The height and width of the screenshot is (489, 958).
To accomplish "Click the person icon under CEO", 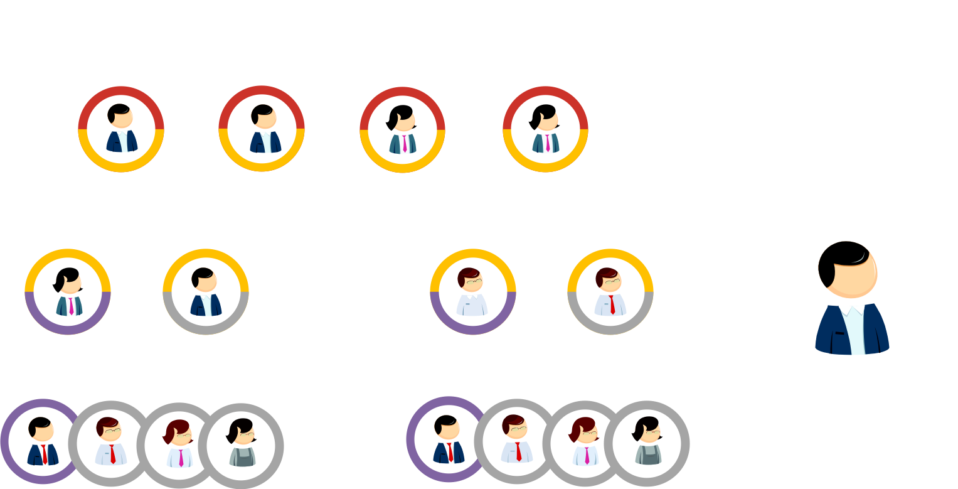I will tap(121, 129).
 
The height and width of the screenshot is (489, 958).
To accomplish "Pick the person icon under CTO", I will tap(262, 129).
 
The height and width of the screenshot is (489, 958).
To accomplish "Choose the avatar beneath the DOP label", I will tap(545, 129).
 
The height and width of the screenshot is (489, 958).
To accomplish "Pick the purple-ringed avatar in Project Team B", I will tap(449, 439).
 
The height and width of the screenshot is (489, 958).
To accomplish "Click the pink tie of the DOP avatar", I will tap(547, 142).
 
